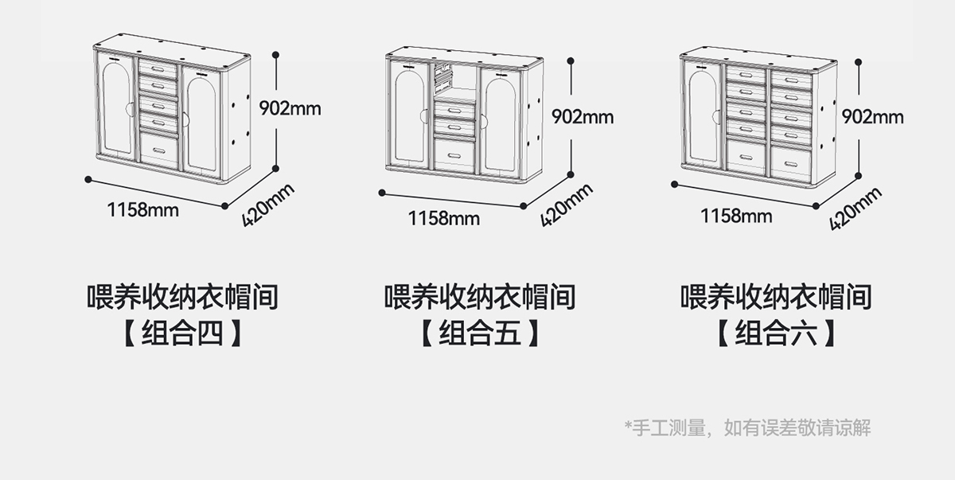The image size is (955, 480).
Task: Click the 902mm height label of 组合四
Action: tap(290, 108)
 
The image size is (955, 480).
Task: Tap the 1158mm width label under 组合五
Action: tap(444, 217)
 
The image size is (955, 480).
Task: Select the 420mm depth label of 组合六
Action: tap(856, 209)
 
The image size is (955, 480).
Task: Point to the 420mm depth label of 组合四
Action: tap(268, 205)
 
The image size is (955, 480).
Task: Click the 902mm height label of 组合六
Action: tap(873, 117)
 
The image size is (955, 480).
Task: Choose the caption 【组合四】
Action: tap(182, 334)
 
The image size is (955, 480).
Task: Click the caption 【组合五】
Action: tap(480, 334)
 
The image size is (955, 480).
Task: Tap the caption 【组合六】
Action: tap(776, 334)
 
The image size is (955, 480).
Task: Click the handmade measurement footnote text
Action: tap(748, 428)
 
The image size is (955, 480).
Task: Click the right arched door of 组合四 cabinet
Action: tap(201, 119)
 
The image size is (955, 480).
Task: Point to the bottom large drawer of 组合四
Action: tap(159, 150)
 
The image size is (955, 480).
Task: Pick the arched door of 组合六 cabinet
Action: tap(704, 115)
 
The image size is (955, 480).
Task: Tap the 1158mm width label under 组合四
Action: tap(143, 210)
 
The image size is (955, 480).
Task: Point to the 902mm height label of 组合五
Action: tap(583, 117)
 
